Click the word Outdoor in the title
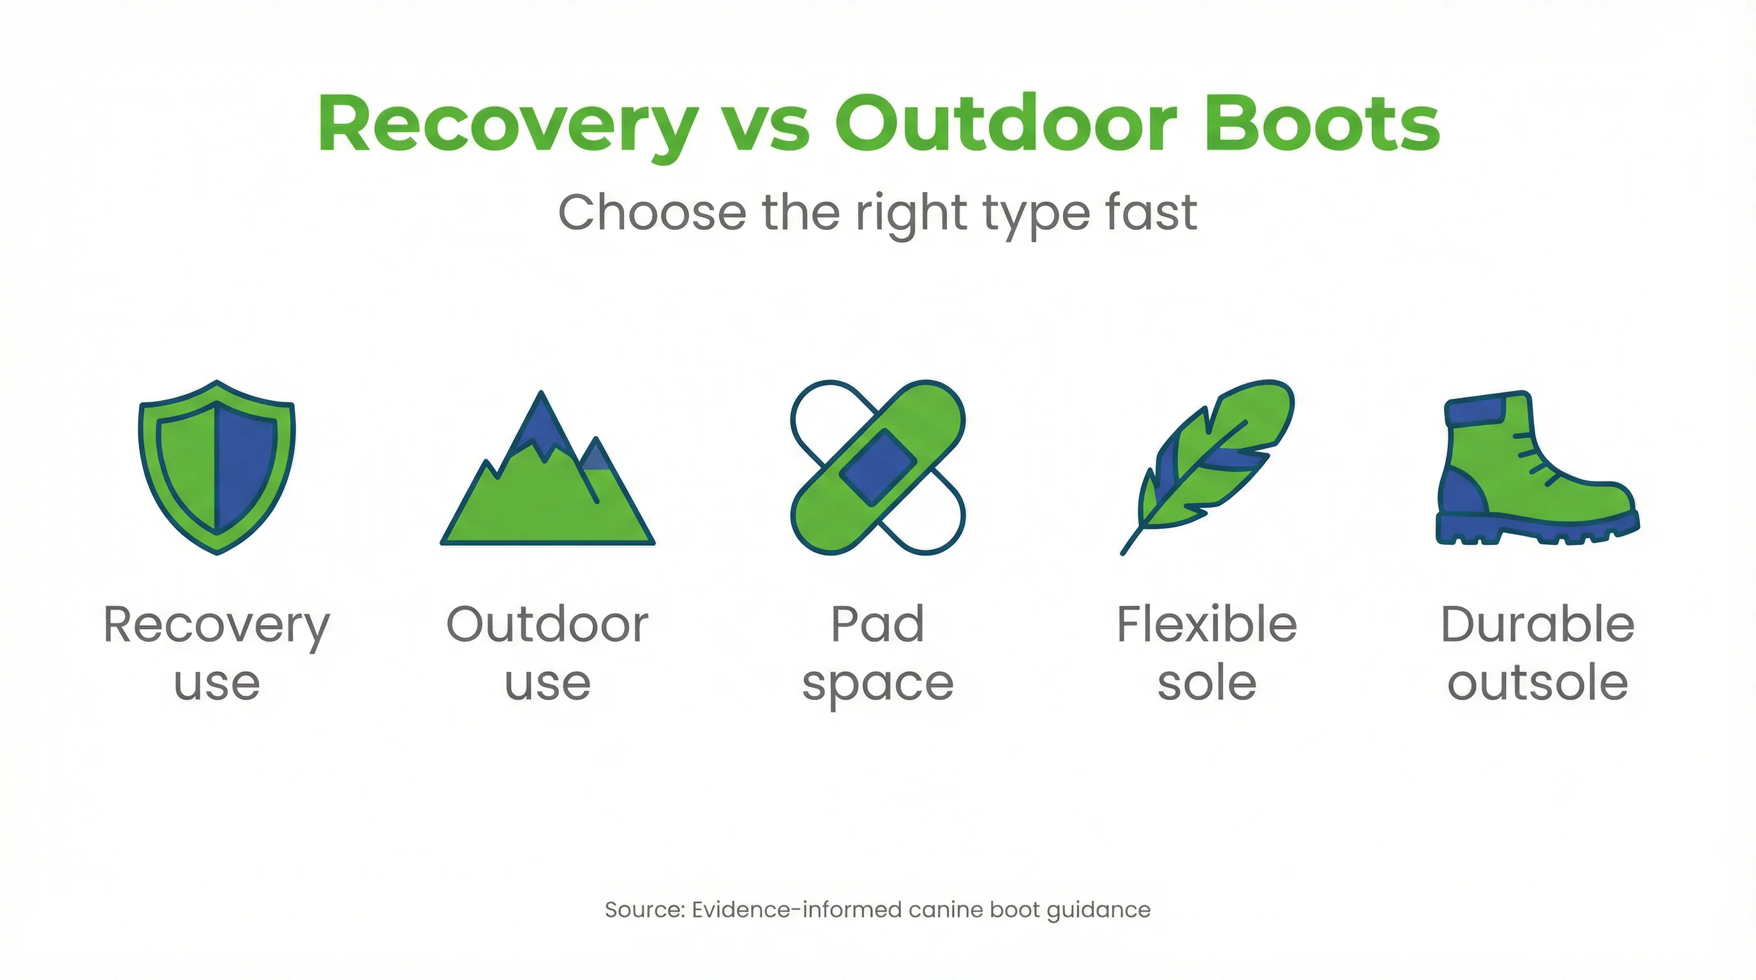point(1006,124)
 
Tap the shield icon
point(217,468)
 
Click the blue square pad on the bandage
point(877,468)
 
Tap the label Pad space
point(877,653)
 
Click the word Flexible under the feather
point(1207,624)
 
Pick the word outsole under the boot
point(1537,683)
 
